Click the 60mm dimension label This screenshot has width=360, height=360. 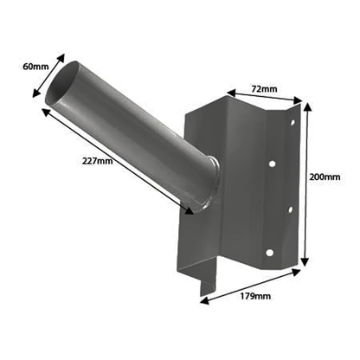(27, 64)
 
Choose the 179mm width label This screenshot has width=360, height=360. (257, 295)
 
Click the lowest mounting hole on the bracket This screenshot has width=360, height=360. (271, 252)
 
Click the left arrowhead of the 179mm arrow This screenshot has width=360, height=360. (202, 300)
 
